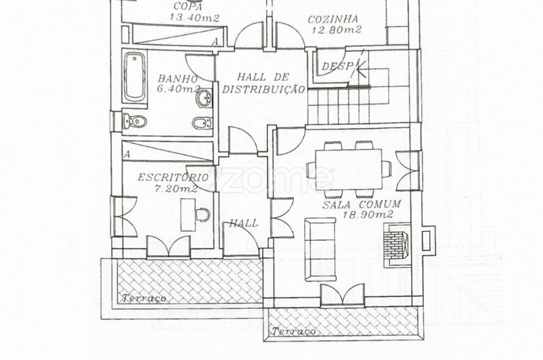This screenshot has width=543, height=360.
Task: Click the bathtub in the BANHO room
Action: [135, 77]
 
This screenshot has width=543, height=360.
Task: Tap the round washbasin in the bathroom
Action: [205, 98]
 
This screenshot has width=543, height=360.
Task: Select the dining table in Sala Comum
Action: [349, 169]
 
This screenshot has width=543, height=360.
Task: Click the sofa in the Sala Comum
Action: [320, 249]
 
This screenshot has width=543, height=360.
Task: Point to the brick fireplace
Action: [397, 244]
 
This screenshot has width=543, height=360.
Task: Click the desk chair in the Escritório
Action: [203, 215]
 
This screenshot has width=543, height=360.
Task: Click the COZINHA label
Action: [333, 19]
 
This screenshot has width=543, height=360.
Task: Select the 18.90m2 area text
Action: [368, 215]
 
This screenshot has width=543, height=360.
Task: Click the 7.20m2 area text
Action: [176, 189]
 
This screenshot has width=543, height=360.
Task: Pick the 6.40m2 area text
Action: [179, 89]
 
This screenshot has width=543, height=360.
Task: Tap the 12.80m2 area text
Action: [336, 30]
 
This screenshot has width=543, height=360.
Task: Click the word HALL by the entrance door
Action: [244, 223]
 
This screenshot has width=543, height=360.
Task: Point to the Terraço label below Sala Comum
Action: [294, 332]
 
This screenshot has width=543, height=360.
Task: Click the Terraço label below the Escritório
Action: [144, 298]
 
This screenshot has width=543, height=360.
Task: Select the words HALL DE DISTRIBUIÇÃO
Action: [263, 83]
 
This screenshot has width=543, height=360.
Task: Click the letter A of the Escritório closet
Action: [127, 154]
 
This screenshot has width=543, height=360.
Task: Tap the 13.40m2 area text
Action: [195, 17]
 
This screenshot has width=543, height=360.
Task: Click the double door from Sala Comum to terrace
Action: [343, 295]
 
